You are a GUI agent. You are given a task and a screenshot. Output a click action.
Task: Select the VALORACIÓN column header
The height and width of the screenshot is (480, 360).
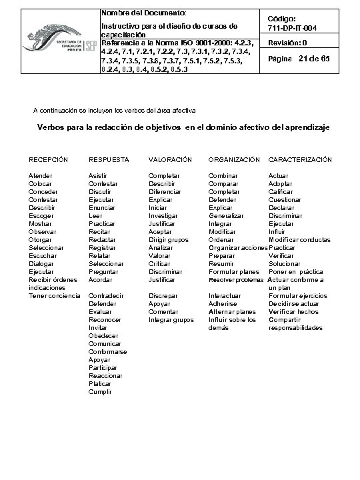click(170, 160)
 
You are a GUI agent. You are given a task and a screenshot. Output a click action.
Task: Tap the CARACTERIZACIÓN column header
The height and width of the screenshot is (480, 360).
click(299, 160)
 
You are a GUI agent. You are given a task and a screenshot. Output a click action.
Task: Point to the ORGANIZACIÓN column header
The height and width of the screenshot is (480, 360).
click(234, 160)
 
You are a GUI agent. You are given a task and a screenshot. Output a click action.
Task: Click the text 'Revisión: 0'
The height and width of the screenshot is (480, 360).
click(287, 43)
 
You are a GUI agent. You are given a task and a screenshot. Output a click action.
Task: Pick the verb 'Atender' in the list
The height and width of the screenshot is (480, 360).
click(40, 175)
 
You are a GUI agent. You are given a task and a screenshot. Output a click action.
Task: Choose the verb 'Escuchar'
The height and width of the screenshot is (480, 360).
click(42, 256)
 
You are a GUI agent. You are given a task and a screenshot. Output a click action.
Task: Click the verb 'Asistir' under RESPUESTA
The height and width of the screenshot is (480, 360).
click(97, 175)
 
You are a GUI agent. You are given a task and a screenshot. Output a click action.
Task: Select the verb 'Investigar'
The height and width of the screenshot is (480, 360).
click(163, 216)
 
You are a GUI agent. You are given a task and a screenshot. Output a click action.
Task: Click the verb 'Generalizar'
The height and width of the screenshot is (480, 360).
click(226, 216)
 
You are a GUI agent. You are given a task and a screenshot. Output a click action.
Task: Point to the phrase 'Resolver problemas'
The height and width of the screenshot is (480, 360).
click(236, 280)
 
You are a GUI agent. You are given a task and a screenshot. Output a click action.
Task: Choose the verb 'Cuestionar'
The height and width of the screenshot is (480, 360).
click(285, 199)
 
